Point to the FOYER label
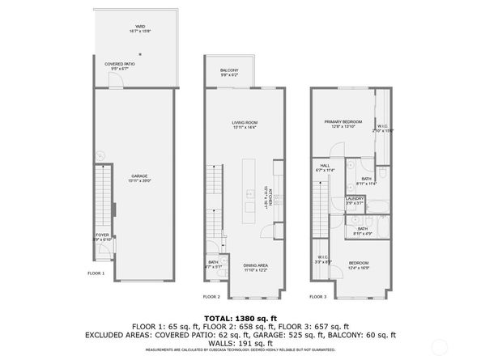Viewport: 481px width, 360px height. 101,236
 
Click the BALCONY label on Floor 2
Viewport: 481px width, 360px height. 229,70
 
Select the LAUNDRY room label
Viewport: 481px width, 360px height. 354,199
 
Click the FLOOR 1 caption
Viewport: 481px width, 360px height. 96,274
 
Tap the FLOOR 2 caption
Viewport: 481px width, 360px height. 211,297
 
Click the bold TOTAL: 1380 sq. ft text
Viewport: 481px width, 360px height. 240,319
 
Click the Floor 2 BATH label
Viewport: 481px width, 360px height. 213,263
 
